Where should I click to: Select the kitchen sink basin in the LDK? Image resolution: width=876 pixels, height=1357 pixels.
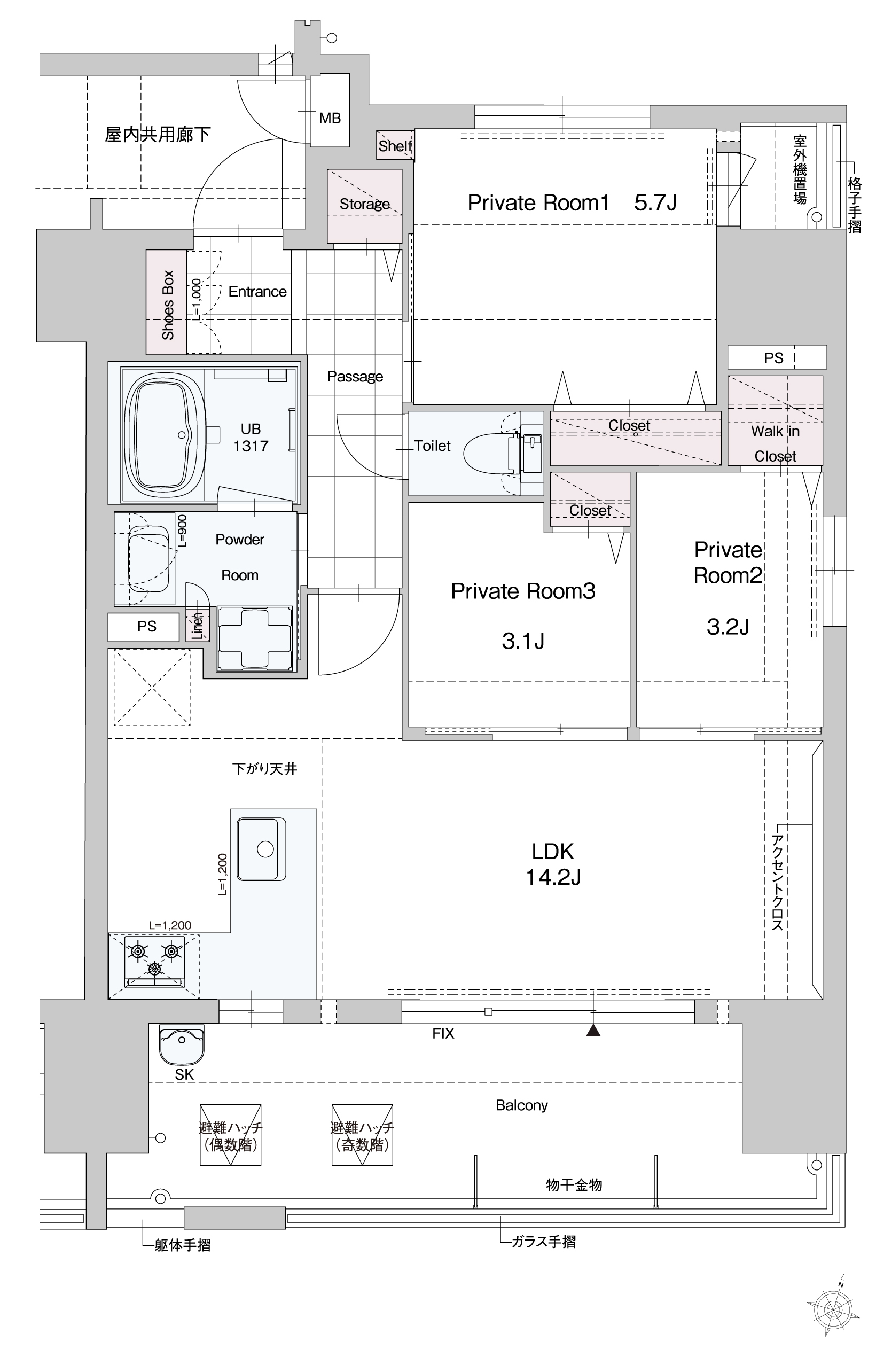[262, 849]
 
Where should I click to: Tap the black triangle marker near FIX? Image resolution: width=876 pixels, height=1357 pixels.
[593, 1030]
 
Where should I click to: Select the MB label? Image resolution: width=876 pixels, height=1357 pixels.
[330, 119]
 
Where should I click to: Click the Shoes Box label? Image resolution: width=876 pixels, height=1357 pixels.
[167, 305]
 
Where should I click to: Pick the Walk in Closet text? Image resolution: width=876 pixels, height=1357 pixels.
[776, 444]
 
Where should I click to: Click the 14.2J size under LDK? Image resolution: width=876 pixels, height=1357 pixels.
[553, 877]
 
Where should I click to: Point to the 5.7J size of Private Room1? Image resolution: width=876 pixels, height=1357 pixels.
[655, 202]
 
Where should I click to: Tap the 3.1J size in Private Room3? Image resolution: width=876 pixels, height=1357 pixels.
[523, 641]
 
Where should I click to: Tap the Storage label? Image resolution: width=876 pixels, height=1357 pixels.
[365, 204]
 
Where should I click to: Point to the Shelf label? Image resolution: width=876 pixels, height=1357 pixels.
[395, 146]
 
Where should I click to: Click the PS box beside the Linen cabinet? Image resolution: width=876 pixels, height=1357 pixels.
[147, 627]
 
